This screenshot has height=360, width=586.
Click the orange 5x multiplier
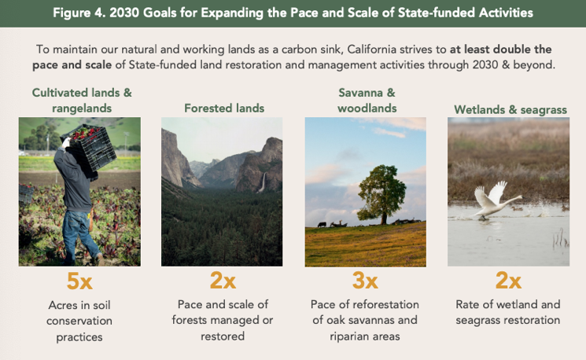(79, 281)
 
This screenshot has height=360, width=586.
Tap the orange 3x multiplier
(365, 281)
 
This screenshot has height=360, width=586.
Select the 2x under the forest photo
(223, 281)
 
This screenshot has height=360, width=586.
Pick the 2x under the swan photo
(508, 281)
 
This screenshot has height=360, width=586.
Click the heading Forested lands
(224, 108)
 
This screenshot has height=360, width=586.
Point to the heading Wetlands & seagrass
(510, 110)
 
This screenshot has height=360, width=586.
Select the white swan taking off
(496, 200)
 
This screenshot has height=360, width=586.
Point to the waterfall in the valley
(263, 182)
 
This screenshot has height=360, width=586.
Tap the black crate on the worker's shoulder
(90, 147)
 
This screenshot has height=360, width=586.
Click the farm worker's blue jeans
(77, 236)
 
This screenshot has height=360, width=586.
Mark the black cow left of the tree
(322, 225)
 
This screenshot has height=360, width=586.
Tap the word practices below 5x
(79, 337)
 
